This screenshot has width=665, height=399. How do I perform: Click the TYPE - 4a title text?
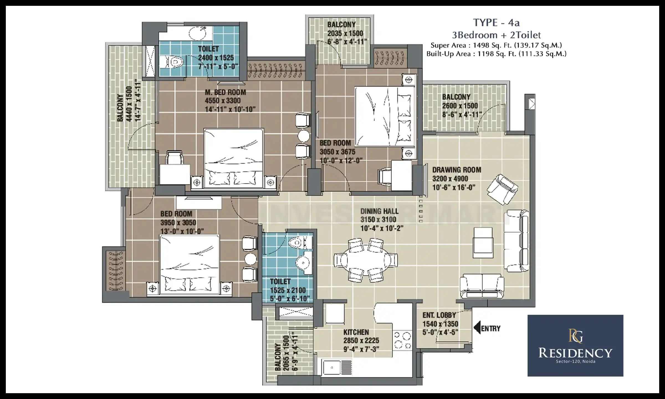click(496, 22)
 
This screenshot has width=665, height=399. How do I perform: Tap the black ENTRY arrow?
click(477, 328)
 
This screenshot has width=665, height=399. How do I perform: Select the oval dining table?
click(365, 260)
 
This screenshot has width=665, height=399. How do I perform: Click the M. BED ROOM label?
click(225, 92)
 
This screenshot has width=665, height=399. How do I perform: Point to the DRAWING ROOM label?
click(457, 170)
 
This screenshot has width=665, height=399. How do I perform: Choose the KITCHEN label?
click(356, 332)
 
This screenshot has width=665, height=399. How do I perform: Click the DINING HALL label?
click(379, 211)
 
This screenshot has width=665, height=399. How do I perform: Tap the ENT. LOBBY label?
click(439, 315)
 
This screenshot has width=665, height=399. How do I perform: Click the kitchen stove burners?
click(403, 341)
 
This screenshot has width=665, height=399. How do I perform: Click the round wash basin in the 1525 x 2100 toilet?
click(302, 262)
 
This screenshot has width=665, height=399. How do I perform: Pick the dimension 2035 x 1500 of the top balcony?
click(345, 34)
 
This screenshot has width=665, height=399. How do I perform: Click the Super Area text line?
click(496, 45)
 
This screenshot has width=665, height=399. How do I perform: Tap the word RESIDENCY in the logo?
click(575, 353)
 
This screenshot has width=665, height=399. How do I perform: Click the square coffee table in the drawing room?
click(483, 243)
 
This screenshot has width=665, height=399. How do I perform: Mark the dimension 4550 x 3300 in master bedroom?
click(222, 101)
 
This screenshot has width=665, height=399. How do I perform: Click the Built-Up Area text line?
click(496, 54)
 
